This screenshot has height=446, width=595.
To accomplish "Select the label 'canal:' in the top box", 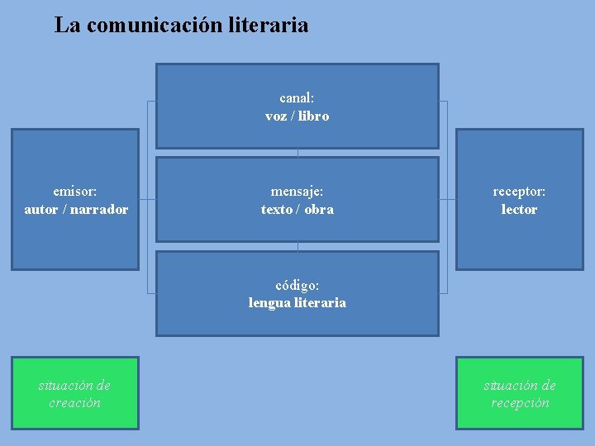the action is tap(297, 97).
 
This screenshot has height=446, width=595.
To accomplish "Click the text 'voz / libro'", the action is tap(297, 116).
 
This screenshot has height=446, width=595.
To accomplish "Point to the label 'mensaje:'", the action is tap(297, 191).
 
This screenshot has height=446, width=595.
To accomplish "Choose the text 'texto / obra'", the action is tap(297, 209).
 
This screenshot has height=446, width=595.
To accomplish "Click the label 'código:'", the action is tap(297, 285).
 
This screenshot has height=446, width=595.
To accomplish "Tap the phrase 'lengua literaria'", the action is tap(297, 302).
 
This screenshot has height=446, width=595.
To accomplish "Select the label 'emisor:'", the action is tap(74, 191).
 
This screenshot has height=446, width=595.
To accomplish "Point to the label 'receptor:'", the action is tap(519, 191).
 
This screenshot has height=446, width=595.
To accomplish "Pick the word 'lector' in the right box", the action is tap(519, 209).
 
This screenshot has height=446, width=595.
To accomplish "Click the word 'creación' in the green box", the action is tap(74, 403).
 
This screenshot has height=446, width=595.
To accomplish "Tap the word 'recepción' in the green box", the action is tap(520, 403).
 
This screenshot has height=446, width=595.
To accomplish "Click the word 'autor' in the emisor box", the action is tap(40, 209).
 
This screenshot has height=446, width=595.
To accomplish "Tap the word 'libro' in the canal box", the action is tap(313, 116).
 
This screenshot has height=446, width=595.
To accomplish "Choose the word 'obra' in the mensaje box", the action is tap(319, 209).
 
